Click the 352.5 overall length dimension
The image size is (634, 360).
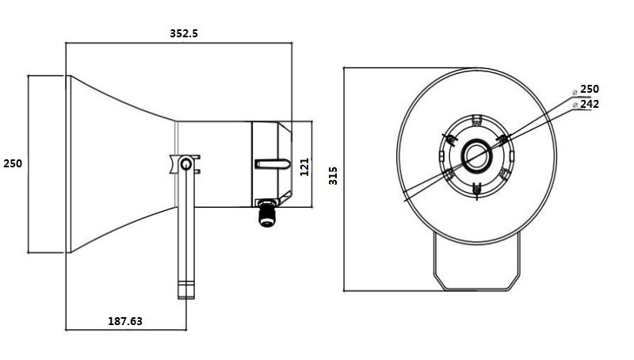[x=184, y=33]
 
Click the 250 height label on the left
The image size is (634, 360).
[x=13, y=163]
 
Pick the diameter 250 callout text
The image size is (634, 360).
[x=590, y=89]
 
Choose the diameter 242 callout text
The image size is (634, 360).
[x=590, y=104]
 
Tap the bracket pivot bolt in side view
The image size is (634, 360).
[x=185, y=164]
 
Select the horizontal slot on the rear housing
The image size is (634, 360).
[x=269, y=164]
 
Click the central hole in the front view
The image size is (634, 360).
[x=476, y=154]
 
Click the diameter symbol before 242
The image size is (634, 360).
[x=575, y=105]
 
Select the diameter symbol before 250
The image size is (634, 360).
[x=575, y=90]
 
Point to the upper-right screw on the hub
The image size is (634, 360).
[x=502, y=140]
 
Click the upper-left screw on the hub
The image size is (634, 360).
[x=449, y=140]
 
